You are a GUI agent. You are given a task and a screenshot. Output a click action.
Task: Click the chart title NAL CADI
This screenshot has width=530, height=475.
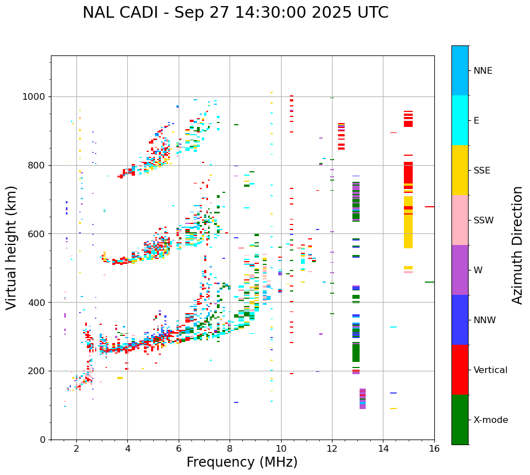tap(235, 13)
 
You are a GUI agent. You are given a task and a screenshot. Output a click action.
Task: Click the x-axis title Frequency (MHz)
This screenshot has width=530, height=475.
tap(242, 462)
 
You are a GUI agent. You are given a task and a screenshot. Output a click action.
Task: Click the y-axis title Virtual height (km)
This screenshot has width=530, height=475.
tap(12, 248)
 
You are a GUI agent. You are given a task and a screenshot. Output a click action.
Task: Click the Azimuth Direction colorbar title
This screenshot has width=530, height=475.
tap(517, 245)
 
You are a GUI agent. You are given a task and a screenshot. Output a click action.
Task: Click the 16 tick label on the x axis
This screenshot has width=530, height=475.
tap(434, 448)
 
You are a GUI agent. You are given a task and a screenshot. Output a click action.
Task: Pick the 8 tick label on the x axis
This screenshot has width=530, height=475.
tap(230, 448)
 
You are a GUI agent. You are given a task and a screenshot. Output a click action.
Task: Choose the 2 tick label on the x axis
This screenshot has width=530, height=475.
tap(76, 448)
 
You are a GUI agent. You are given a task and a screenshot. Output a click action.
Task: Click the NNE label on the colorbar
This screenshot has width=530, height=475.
tap(482, 71)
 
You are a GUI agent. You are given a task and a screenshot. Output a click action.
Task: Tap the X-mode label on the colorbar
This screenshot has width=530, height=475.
tap(490, 420)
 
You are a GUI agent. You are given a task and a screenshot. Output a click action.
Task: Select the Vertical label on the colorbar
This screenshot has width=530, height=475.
tap(490, 370)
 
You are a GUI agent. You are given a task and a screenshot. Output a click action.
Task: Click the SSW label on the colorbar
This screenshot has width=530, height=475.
tap(484, 221)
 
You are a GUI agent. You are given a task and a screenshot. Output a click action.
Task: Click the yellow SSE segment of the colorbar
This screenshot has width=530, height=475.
tap(460, 170)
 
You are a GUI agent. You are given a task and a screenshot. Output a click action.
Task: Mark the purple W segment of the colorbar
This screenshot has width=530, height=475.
tap(460, 270)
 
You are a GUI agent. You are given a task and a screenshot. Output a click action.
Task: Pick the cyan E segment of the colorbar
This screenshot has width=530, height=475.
tap(460, 120)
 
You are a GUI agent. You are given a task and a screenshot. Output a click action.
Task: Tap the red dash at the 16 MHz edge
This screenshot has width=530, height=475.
tap(429, 207)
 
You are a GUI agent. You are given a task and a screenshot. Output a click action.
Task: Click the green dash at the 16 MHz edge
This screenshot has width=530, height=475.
tap(429, 282)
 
